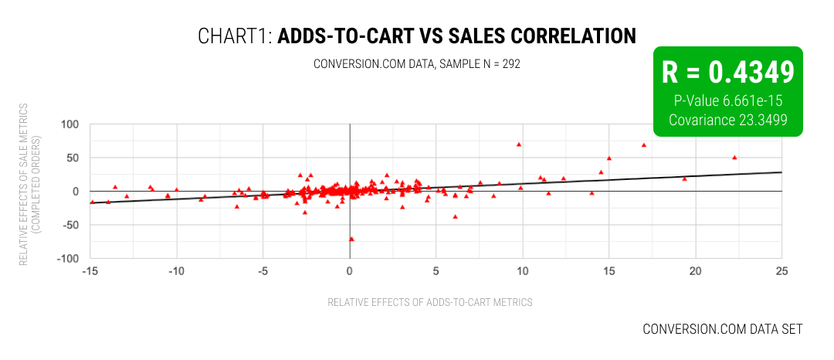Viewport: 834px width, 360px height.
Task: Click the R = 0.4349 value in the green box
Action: [727, 72]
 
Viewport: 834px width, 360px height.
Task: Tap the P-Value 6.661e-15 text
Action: [727, 100]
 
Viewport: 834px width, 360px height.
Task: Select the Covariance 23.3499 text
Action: [727, 120]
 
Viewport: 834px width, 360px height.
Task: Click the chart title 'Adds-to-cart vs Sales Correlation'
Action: [417, 36]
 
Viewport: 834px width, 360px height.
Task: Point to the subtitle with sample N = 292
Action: [417, 64]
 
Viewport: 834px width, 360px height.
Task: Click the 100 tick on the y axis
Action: [71, 124]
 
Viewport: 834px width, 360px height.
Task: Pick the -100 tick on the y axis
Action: [69, 259]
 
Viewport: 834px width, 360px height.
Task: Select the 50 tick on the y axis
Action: [74, 158]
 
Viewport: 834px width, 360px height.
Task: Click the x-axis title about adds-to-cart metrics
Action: [430, 302]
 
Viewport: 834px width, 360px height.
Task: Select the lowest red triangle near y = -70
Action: [352, 239]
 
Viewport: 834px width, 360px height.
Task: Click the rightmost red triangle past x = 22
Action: [734, 158]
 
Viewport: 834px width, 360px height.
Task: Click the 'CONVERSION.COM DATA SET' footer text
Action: [722, 329]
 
